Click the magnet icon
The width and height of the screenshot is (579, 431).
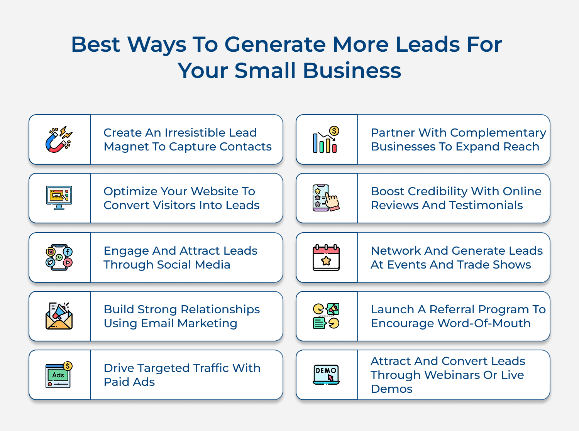59,139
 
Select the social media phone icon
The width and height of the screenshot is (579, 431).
59,257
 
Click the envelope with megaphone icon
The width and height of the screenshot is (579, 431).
59,316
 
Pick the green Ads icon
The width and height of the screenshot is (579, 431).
59,375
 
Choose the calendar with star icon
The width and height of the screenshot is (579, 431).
326,257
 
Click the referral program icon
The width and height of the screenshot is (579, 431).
326,316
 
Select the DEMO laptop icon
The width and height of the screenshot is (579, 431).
326,375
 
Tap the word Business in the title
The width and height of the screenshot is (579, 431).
352,71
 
